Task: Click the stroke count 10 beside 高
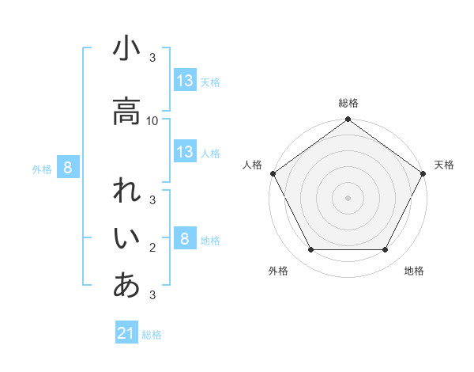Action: (153, 120)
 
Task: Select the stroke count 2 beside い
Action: (152, 249)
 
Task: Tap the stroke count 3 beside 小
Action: (152, 58)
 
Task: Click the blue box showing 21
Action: (126, 333)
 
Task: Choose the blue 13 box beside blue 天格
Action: (185, 81)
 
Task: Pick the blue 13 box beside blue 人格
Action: (185, 152)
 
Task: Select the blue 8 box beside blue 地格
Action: (185, 239)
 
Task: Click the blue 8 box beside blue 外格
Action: (69, 168)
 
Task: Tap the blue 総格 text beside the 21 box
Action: (152, 335)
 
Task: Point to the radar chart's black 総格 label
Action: (348, 104)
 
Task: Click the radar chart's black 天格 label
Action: (445, 165)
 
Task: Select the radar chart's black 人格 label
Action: (252, 165)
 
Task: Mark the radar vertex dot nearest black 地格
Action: (386, 250)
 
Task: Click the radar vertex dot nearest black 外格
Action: (310, 250)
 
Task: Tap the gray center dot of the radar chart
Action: (348, 197)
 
